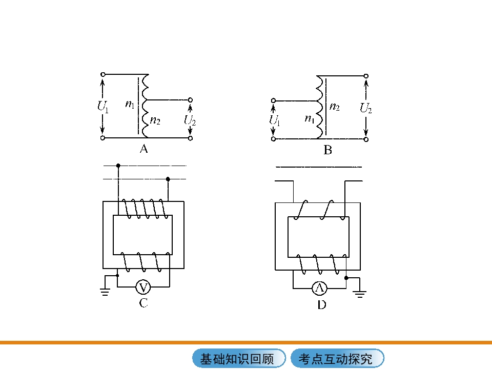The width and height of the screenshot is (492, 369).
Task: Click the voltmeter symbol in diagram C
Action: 143,287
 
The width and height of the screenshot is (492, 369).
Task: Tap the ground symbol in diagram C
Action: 105,292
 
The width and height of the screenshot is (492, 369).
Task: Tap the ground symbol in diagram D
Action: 359,294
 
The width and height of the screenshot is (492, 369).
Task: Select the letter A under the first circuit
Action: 143,149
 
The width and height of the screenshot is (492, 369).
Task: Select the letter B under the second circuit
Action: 327,150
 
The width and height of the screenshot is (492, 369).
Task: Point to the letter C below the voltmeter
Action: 143,303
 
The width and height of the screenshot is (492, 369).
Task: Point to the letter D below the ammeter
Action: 322,304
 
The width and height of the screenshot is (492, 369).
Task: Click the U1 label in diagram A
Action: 103,106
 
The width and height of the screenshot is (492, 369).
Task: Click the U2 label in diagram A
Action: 190,120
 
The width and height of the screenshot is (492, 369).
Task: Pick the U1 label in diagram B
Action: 274,120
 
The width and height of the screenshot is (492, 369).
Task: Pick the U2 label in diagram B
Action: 365,108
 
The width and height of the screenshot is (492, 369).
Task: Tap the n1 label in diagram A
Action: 130,104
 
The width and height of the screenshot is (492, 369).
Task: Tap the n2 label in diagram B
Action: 335,107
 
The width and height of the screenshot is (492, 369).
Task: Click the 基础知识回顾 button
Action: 239,358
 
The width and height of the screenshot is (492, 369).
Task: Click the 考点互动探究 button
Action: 337,358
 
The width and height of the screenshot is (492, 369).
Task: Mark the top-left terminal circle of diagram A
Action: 102,74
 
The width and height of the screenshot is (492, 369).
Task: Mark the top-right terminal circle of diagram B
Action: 366,76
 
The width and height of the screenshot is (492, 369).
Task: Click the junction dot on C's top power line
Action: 118,166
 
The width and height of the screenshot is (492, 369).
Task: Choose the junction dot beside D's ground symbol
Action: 346,278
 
